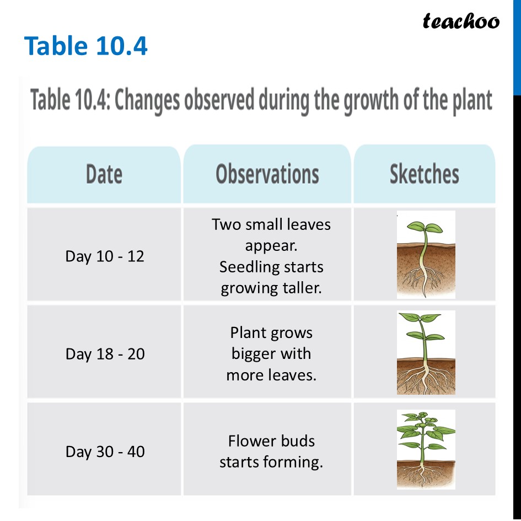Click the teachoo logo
point(461,21)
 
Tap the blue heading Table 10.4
point(86,46)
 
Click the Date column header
point(104,174)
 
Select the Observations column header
point(267,174)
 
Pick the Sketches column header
point(424,174)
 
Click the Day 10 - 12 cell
point(105,256)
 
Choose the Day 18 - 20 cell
point(105,353)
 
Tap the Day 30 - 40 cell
point(105,452)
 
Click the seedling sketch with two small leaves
point(426,255)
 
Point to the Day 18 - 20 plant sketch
point(426,352)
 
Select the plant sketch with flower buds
point(426,449)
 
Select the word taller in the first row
point(301,288)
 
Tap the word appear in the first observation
point(271,246)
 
